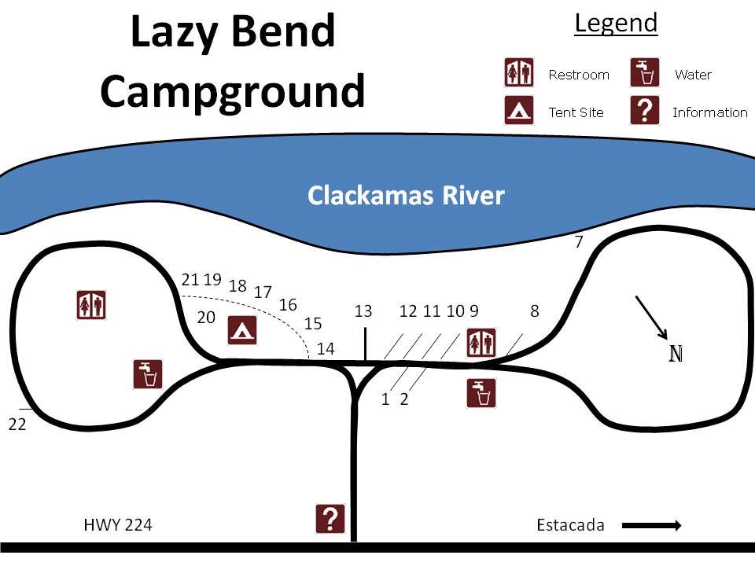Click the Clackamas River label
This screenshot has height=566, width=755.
(405, 195)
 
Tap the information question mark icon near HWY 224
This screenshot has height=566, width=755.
(330, 519)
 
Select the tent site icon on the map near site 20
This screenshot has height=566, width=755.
(242, 330)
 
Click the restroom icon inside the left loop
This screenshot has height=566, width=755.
(91, 304)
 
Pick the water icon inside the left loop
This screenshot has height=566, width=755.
(148, 374)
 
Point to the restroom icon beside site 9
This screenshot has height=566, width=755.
(481, 343)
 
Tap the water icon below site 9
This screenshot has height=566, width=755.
(481, 393)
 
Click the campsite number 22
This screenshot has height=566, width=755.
(17, 424)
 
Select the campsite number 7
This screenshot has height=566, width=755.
(579, 242)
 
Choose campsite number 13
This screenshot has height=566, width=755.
(363, 311)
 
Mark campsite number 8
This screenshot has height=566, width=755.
(535, 311)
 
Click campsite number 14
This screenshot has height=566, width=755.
(326, 348)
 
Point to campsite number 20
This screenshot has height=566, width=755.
(206, 318)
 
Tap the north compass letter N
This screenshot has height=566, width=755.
(676, 354)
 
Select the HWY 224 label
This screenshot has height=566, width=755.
(117, 524)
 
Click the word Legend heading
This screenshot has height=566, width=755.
(616, 23)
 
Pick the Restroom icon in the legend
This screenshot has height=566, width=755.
(519, 73)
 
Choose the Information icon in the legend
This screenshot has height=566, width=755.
(645, 111)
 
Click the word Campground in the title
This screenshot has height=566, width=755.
(233, 91)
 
